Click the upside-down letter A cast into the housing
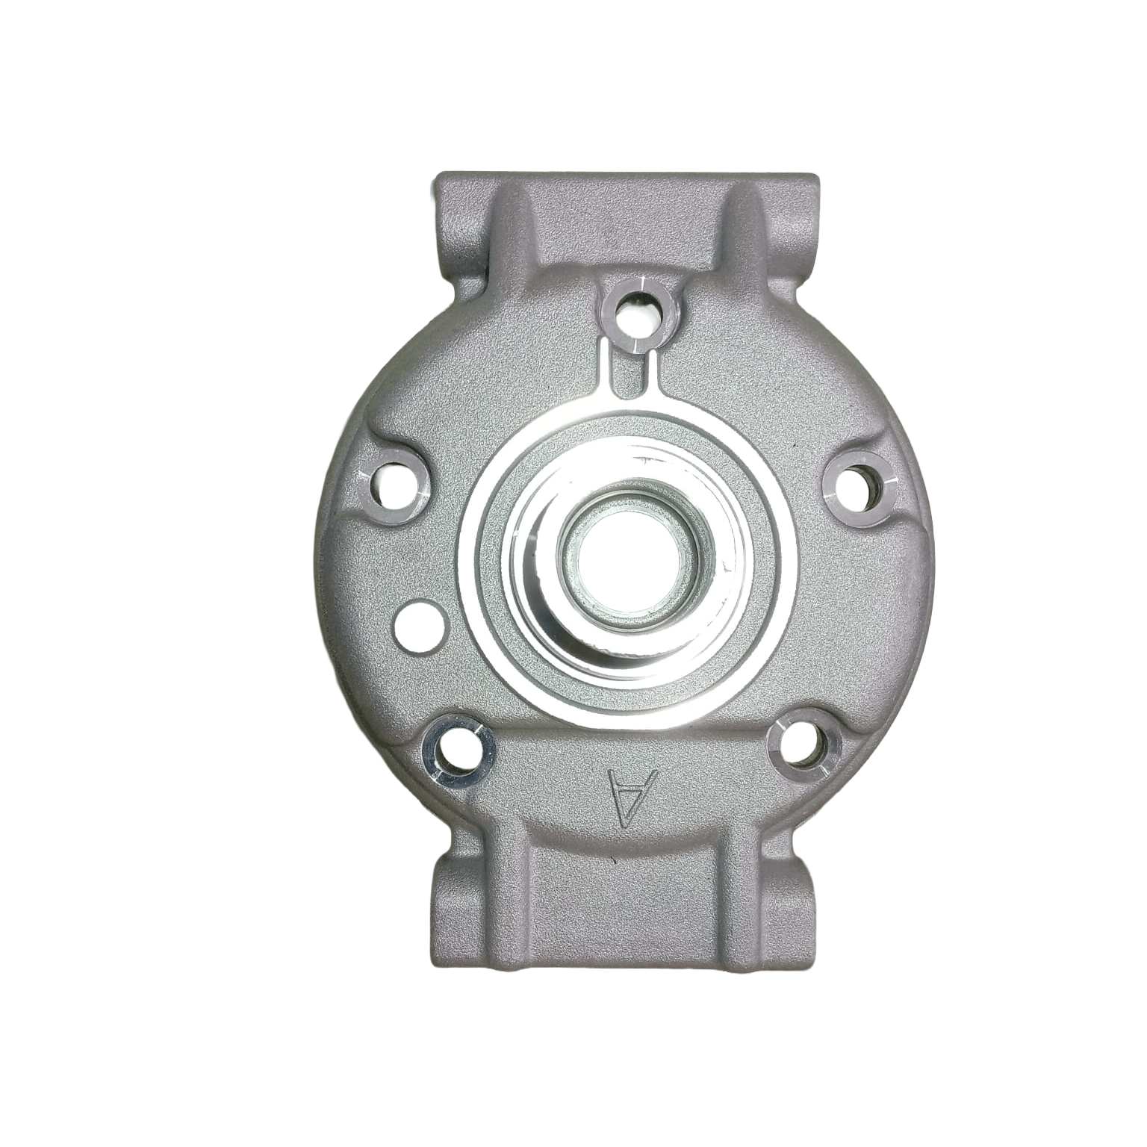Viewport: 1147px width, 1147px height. point(632,798)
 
